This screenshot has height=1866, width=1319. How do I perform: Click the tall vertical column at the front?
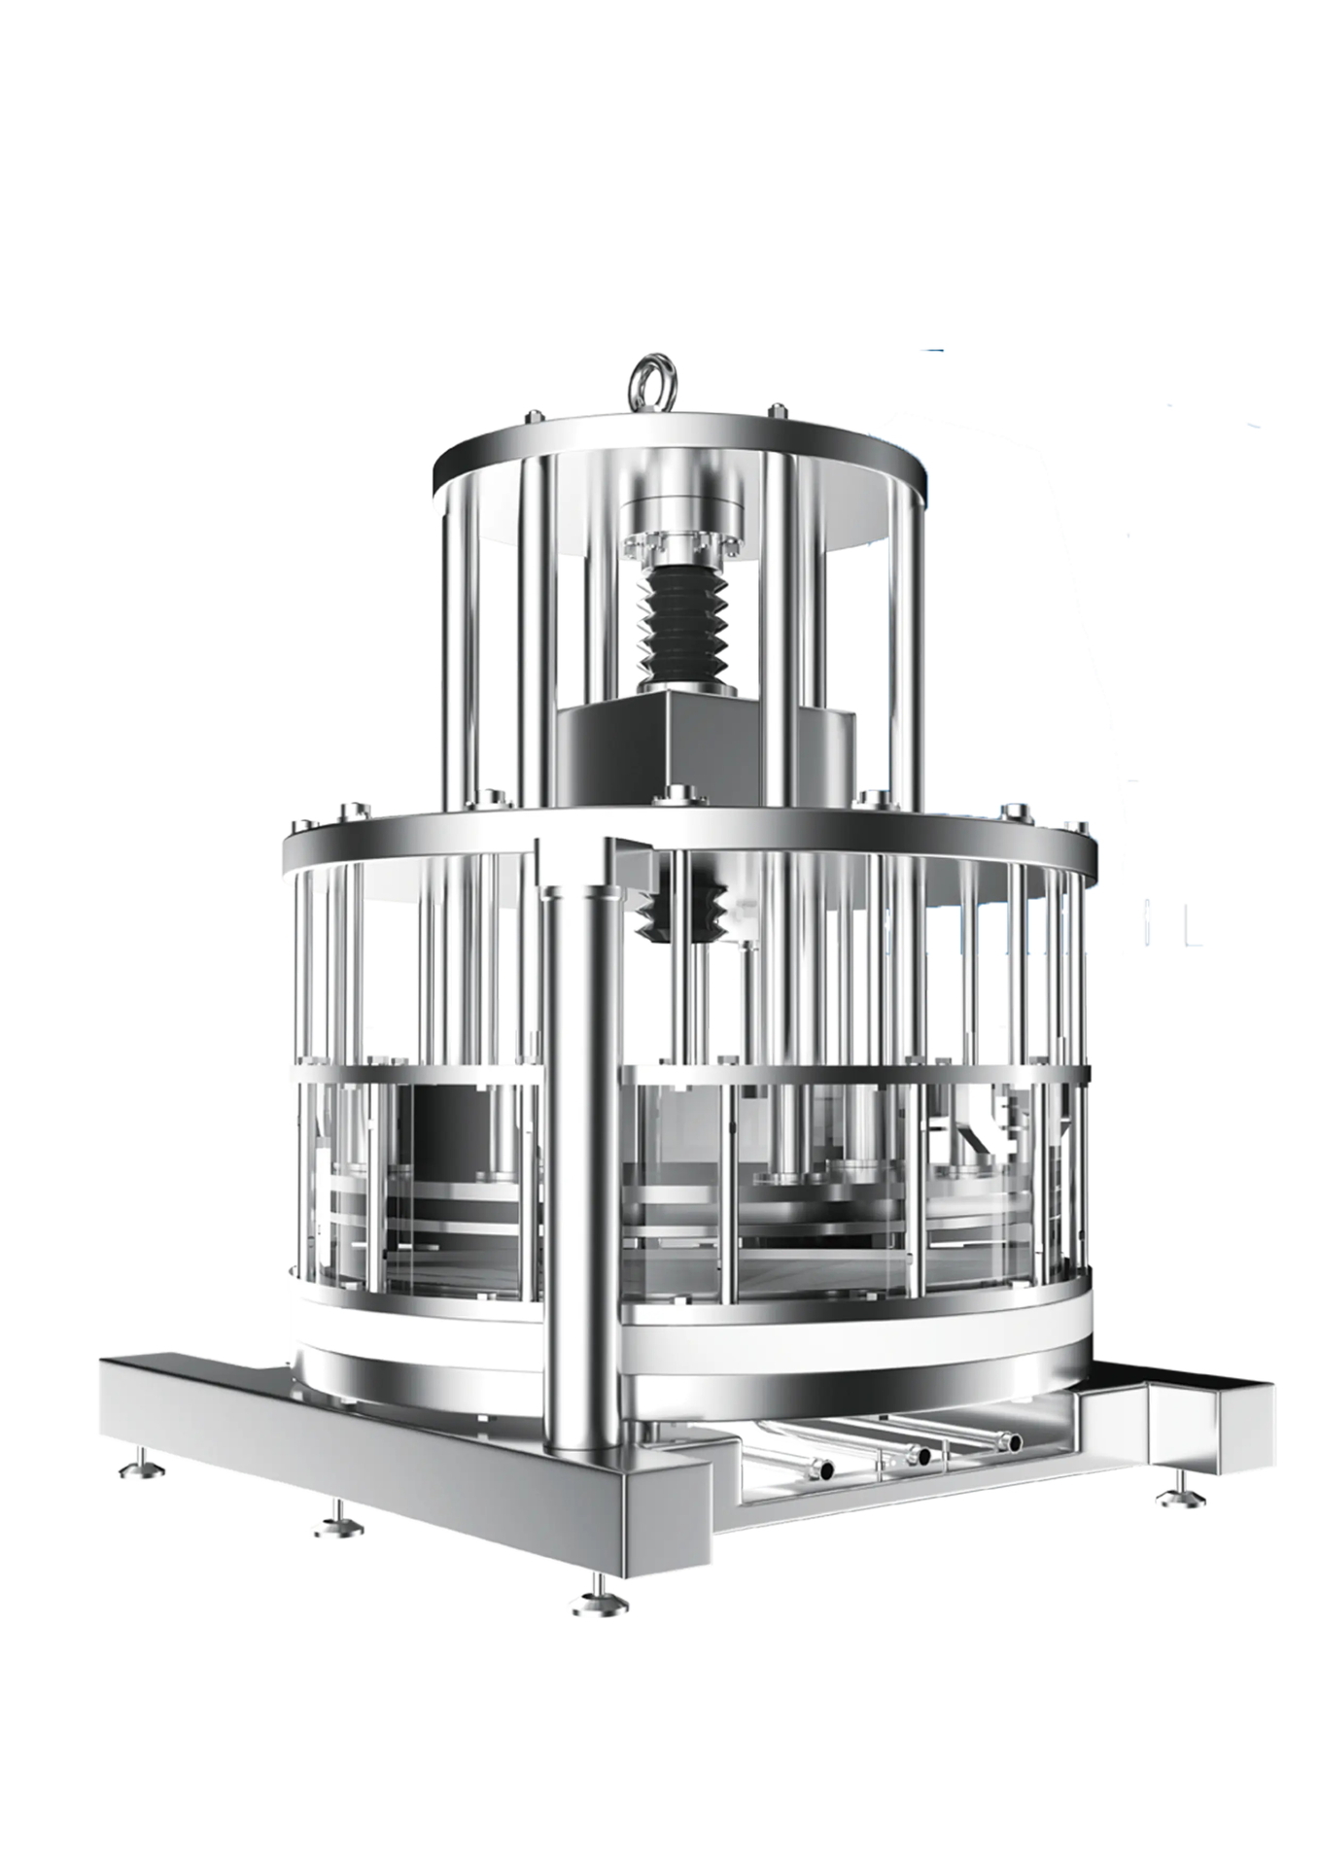(x=581, y=1166)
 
